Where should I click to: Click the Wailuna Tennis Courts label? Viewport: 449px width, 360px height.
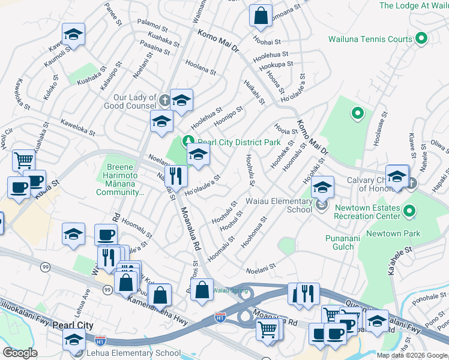[370, 40]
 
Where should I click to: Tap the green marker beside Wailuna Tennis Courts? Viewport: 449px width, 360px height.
[421, 40]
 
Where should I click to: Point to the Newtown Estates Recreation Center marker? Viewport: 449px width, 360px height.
[410, 211]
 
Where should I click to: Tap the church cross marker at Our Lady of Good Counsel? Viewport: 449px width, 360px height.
[165, 98]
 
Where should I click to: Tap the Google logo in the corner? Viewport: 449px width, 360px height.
[20, 353]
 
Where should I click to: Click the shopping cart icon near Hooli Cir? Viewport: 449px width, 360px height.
[23, 160]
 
